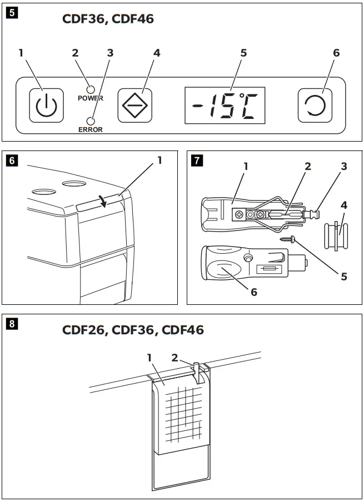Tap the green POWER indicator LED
(x=89, y=89)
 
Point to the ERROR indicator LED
(x=90, y=121)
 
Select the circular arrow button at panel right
(x=315, y=104)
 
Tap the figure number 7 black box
(x=197, y=161)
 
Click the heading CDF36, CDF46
(x=107, y=19)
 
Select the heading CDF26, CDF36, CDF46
(x=133, y=330)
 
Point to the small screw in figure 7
(x=287, y=239)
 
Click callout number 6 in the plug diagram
(x=254, y=292)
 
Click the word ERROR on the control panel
(x=90, y=130)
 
